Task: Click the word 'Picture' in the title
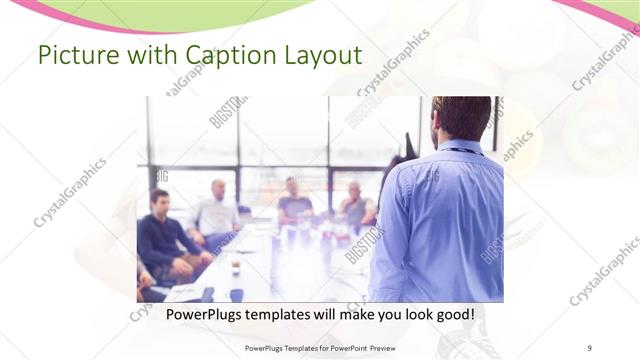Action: (73, 56)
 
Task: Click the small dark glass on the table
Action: (236, 267)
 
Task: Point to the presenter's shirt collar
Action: (460, 147)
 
